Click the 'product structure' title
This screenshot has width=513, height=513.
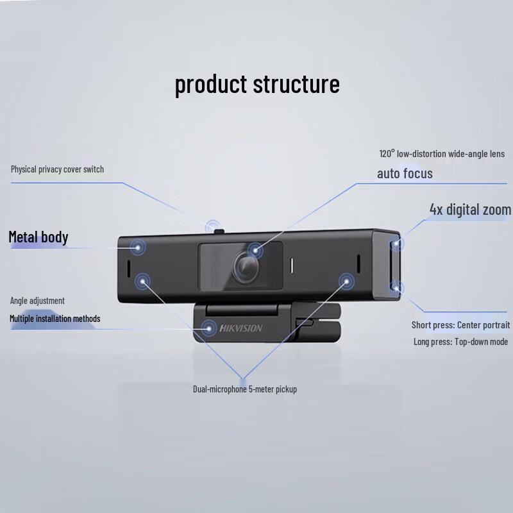click(257, 84)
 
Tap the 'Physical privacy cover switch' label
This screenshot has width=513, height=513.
click(57, 169)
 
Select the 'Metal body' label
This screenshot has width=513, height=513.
click(38, 237)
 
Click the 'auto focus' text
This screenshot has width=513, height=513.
click(405, 174)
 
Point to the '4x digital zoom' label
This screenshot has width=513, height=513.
click(470, 210)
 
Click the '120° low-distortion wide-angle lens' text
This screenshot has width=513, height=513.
click(442, 154)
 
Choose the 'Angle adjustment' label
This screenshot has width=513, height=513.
click(37, 301)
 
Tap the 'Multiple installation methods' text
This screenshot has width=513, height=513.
click(55, 319)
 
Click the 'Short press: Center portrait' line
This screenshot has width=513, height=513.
click(460, 325)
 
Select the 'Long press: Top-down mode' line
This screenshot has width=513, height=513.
click(460, 342)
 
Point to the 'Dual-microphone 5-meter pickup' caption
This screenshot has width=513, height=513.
click(245, 389)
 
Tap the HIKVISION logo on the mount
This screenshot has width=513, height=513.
click(241, 328)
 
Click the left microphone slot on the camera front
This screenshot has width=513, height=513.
click(128, 267)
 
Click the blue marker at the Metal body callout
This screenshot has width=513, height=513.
click(137, 245)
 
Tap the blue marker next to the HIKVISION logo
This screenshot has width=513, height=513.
click(208, 328)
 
